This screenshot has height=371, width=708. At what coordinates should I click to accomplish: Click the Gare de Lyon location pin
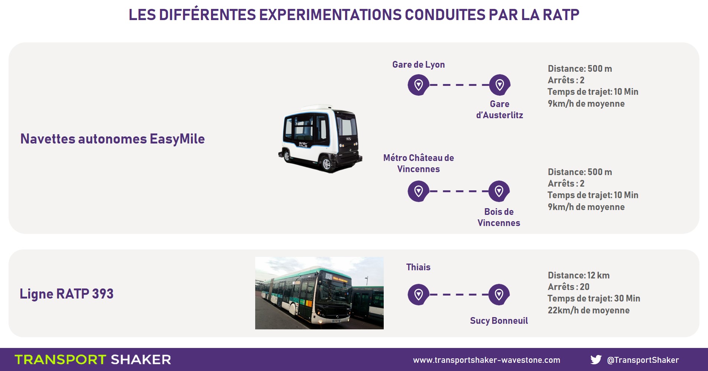pyautogui.click(x=419, y=85)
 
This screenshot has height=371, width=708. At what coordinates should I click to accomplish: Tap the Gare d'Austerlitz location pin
pyautogui.click(x=500, y=85)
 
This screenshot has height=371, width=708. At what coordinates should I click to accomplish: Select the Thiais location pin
pyautogui.click(x=419, y=295)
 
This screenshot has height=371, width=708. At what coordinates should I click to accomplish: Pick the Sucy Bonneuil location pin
pyautogui.click(x=499, y=295)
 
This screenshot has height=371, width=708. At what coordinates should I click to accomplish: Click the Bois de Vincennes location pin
pyautogui.click(x=499, y=191)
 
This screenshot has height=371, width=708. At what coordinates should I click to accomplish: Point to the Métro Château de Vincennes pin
pyautogui.click(x=419, y=191)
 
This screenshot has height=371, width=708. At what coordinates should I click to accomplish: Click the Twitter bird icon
pyautogui.click(x=596, y=359)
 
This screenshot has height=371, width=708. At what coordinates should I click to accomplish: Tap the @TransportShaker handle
pyautogui.click(x=643, y=360)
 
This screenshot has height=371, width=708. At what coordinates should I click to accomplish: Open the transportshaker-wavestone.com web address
pyautogui.click(x=487, y=360)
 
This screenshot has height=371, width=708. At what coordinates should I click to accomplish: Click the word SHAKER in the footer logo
pyautogui.click(x=141, y=359)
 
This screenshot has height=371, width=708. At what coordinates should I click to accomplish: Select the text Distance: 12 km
pyautogui.click(x=579, y=275)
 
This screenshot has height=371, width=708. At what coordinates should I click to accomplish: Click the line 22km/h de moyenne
pyautogui.click(x=588, y=310)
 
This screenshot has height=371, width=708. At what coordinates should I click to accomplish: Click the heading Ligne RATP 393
pyautogui.click(x=66, y=294)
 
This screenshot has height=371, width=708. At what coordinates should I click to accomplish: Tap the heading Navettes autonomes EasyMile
pyautogui.click(x=113, y=139)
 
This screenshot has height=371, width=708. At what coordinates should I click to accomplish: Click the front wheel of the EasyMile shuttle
pyautogui.click(x=327, y=164)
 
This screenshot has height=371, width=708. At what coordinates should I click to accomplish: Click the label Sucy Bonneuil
pyautogui.click(x=499, y=321)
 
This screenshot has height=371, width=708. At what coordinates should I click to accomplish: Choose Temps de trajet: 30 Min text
pyautogui.click(x=594, y=299)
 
